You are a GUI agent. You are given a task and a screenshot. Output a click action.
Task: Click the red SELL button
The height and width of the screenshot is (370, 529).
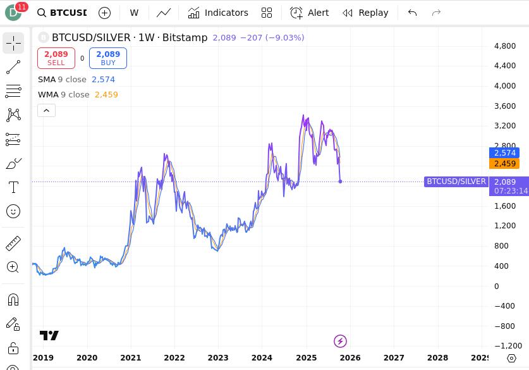[56, 58]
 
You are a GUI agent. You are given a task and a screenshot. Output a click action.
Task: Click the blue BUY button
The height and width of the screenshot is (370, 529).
[108, 58]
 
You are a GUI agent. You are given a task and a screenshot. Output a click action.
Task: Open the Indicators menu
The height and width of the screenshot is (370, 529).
[218, 13]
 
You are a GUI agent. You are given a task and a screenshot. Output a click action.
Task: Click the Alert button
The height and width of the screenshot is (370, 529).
[309, 13]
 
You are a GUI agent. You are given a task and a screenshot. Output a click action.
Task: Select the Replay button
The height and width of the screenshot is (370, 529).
[365, 13]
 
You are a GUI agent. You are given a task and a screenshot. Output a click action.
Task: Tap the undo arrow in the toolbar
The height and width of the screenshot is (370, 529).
[412, 13]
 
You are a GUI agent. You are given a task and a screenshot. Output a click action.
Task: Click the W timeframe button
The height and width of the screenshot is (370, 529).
[134, 13]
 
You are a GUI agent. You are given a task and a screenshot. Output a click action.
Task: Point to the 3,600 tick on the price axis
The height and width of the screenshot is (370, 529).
[505, 106]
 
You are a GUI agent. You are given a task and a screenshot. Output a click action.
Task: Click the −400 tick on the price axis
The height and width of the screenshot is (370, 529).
[504, 306]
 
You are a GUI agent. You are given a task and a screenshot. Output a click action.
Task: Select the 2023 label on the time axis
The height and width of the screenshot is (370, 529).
[218, 357]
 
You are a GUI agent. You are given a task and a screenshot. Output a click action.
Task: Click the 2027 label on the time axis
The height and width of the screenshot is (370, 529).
[394, 357]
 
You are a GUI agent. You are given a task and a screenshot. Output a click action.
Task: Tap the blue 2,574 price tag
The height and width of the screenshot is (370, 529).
[505, 153]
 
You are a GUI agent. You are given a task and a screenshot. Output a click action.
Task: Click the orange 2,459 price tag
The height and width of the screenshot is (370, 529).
[505, 164]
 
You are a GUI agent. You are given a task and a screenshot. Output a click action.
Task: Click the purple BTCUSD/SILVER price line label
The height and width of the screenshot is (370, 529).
[456, 182]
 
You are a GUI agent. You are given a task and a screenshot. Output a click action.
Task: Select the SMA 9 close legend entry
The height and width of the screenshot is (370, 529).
[63, 80]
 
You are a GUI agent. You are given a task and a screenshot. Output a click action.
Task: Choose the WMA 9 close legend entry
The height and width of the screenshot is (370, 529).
[64, 95]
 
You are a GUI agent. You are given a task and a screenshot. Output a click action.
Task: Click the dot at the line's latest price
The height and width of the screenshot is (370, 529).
[341, 182]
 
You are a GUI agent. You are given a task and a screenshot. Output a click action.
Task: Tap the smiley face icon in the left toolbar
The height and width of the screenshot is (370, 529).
[13, 211]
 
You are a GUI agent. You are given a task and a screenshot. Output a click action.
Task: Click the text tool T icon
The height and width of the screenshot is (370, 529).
[13, 187]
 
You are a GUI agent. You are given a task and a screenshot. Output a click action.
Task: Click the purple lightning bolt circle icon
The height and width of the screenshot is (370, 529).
[340, 342]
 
